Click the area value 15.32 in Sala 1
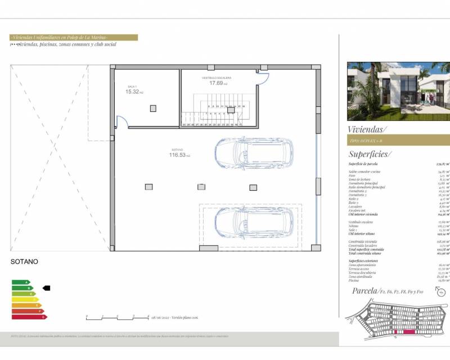click(x=132, y=92)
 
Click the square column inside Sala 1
click(x=152, y=108)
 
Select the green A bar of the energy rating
click(x=20, y=282)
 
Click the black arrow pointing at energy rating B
click(x=46, y=288)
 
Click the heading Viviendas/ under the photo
click(x=367, y=129)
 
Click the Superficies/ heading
click(x=370, y=154)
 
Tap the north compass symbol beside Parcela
click(x=440, y=291)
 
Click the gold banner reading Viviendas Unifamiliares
click(x=74, y=37)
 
